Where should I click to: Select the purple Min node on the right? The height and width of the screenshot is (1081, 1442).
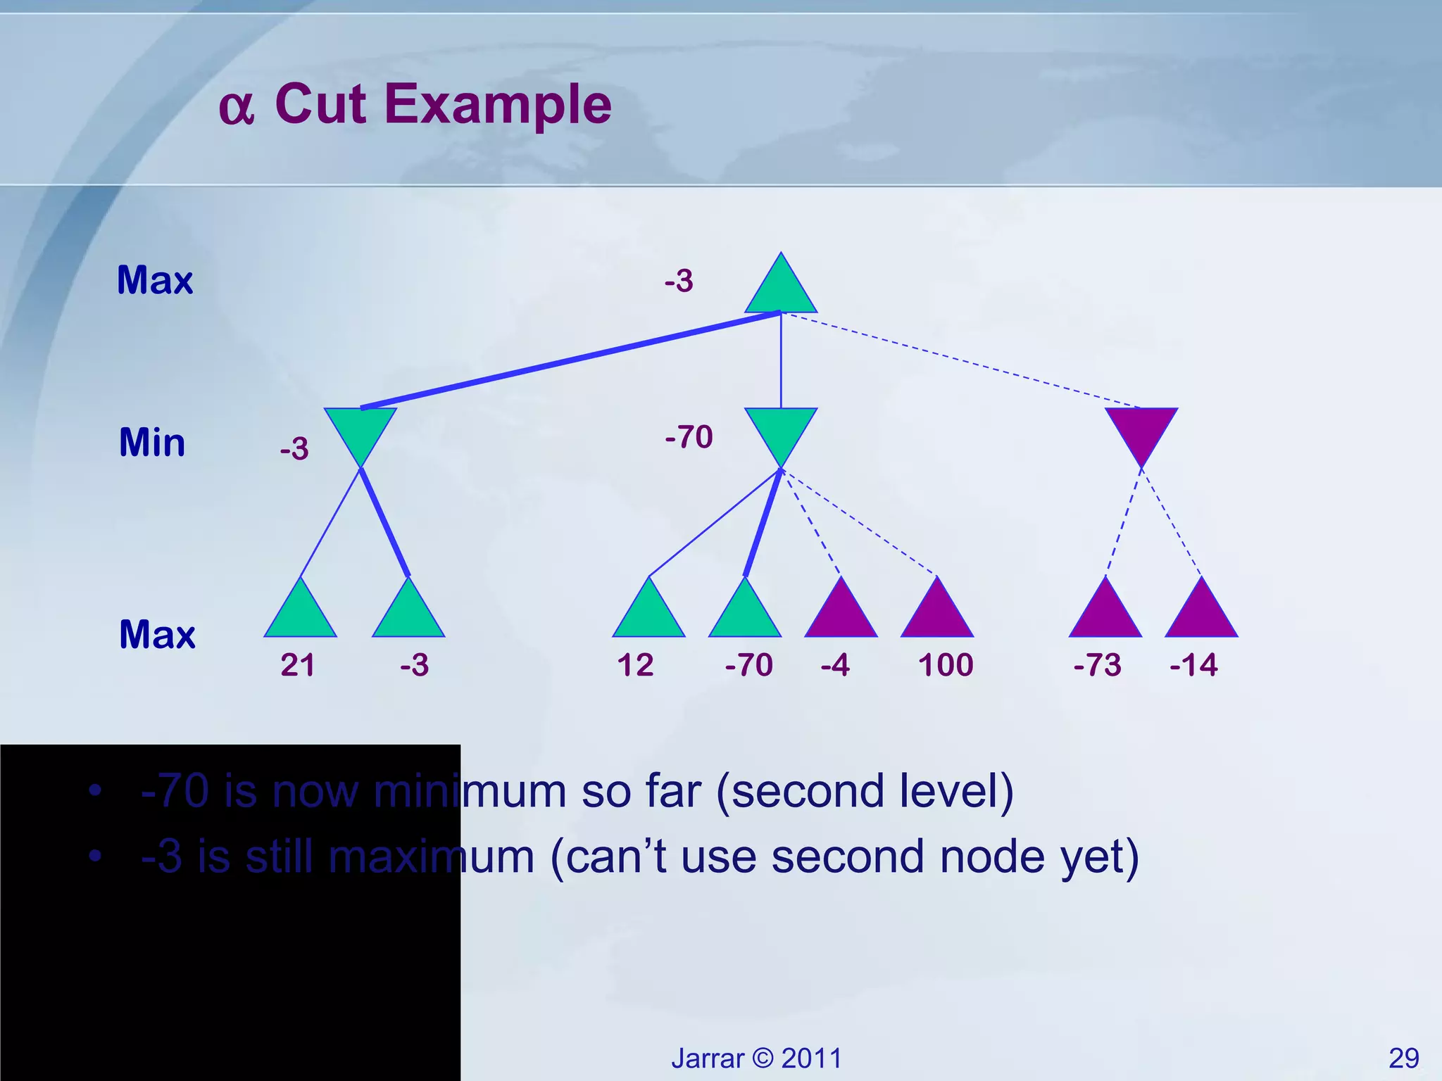[x=1141, y=429]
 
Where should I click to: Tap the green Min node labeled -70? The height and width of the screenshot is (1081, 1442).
[x=781, y=429]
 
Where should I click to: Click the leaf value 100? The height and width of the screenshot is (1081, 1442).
[x=946, y=665]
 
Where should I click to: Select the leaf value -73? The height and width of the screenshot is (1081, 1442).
[x=1097, y=665]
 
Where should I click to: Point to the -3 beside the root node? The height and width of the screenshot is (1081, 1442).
[x=679, y=282]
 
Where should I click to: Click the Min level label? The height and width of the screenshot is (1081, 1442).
[x=152, y=443]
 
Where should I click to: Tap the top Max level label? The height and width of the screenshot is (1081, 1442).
[x=155, y=280]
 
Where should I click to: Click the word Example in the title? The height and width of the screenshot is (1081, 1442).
[x=498, y=104]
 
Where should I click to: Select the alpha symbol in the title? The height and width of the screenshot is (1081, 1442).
[x=236, y=108]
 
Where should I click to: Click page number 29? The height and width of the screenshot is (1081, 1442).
[x=1403, y=1058]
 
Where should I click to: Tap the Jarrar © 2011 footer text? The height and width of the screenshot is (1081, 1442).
[x=756, y=1058]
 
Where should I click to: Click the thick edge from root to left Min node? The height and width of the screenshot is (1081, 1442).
[x=570, y=360]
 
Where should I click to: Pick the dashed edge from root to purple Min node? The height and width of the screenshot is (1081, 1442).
[x=961, y=360]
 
